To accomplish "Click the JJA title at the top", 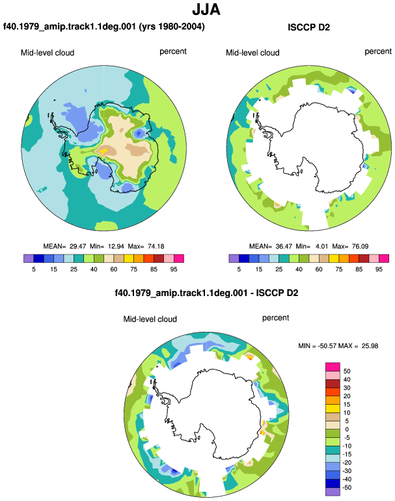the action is [206, 10].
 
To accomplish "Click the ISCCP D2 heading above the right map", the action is [308, 27].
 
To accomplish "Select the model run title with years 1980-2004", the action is [104, 26].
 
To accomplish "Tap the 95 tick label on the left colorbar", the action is [174, 269].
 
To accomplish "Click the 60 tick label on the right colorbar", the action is [319, 269].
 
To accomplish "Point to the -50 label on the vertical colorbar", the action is [347, 487].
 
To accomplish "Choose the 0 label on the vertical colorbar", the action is [347, 429].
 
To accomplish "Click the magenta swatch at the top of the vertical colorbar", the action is [333, 367].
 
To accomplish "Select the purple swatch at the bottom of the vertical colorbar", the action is [333, 491].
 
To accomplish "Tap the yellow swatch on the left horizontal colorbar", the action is [129, 258].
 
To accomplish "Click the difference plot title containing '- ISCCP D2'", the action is [206, 293].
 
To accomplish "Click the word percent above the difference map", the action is [275, 318].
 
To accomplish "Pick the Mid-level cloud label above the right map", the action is [252, 53].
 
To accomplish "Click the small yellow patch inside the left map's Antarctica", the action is [102, 152].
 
